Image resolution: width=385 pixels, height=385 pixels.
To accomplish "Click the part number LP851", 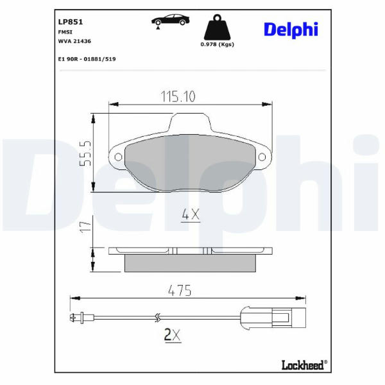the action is tap(71, 22).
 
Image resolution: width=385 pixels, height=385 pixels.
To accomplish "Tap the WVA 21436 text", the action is tap(74, 41).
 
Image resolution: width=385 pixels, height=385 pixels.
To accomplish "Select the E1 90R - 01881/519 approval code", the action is tap(87, 59).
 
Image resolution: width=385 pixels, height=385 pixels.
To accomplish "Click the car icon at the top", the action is tap(171, 20).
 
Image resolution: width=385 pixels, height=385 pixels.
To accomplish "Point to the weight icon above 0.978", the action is tap(218, 27).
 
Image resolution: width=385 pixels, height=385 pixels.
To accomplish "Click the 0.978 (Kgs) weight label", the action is tap(218, 44).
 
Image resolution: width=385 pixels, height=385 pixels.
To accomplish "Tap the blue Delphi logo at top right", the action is tap(291, 30).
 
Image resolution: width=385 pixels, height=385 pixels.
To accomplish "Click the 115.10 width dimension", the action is tap(178, 96).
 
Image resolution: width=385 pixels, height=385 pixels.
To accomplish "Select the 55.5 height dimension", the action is tap(85, 153).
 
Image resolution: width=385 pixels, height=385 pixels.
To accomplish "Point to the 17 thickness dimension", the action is tap(85, 227).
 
